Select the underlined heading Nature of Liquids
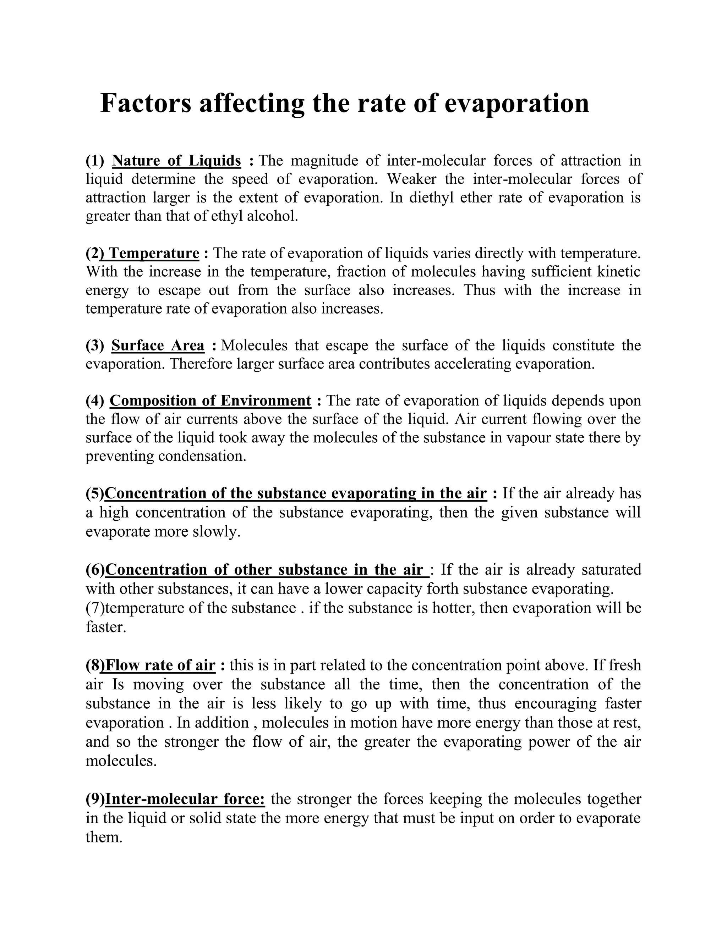176,161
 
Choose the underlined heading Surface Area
158,345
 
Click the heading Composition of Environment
210,401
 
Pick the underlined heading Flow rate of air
160,665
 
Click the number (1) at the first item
95,161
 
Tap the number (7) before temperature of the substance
95,608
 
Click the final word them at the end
103,837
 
